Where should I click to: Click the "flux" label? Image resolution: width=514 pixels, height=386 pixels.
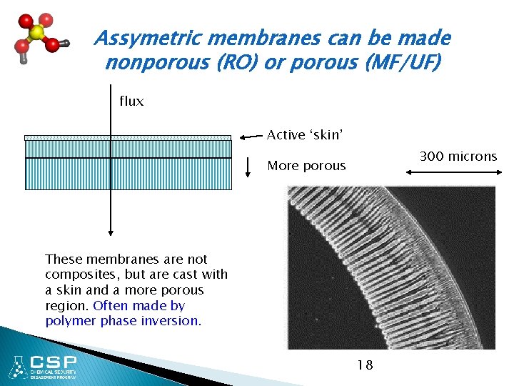pos(131,102)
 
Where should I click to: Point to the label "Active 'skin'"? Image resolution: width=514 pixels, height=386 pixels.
pos(305,135)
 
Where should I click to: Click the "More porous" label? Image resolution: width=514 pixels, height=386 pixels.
pos(306,166)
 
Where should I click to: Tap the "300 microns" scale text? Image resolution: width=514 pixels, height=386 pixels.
pos(458,157)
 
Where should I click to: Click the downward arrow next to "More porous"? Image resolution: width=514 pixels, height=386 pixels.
pos(247,167)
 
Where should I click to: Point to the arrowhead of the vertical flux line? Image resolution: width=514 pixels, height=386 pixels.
pos(111,230)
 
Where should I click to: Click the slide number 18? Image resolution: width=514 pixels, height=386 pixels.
pos(364,365)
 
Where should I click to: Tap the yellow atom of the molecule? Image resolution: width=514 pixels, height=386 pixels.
pos(37,33)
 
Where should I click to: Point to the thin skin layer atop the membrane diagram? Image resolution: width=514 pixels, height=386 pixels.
pos(128,138)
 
